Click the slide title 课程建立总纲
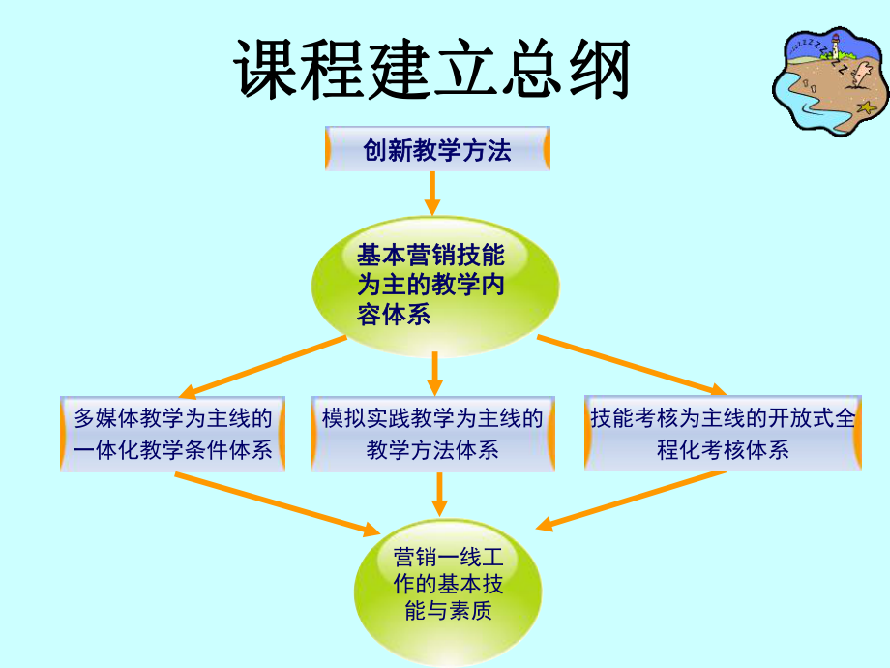click(x=431, y=70)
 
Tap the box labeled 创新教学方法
click(x=437, y=150)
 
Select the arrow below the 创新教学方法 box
click(x=432, y=194)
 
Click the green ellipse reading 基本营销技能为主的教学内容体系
click(x=434, y=285)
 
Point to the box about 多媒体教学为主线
click(x=173, y=434)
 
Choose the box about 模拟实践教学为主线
click(x=432, y=434)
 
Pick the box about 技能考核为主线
click(x=723, y=434)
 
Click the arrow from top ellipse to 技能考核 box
click(x=629, y=365)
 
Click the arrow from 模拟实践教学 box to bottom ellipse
click(x=439, y=494)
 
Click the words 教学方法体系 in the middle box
click(x=432, y=450)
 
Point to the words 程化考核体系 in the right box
click(x=723, y=450)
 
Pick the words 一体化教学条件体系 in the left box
click(x=173, y=450)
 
